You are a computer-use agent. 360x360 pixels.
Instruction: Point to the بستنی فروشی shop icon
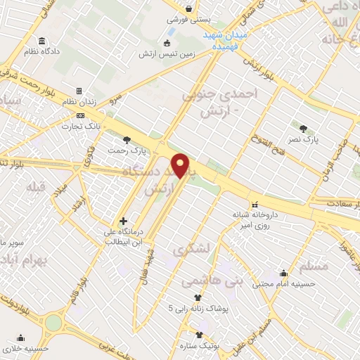tap(188, 9)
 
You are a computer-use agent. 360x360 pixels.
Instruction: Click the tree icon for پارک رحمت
tap(127, 139)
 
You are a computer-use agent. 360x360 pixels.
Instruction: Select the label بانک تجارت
tap(82, 127)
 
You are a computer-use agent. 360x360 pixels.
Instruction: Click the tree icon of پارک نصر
tap(303, 128)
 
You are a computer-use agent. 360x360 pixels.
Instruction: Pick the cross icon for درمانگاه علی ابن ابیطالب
tap(123, 221)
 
